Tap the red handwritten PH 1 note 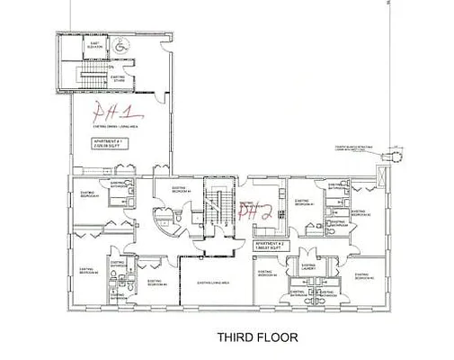(116, 114)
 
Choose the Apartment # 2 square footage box (269, 246)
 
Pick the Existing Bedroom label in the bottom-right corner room (367, 277)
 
